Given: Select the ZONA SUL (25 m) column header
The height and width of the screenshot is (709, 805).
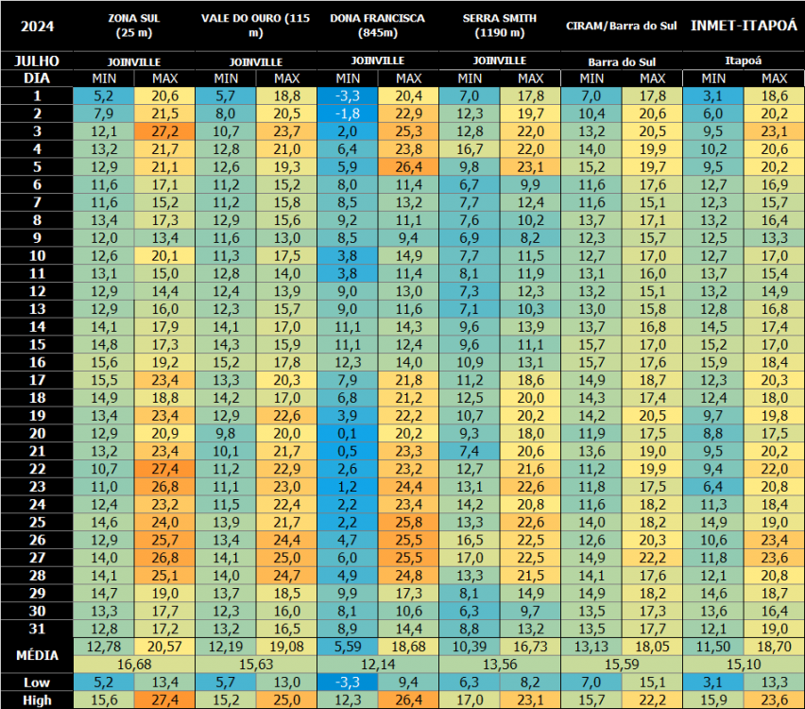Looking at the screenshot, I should (x=133, y=26).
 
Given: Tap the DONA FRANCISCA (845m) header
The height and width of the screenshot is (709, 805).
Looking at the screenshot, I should (x=377, y=26).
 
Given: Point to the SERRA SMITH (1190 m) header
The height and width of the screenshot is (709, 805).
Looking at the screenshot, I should (x=500, y=26).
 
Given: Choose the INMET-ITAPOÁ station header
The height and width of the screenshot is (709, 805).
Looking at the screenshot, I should (x=743, y=26).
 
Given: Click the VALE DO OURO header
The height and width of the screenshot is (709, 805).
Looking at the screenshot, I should (x=255, y=26).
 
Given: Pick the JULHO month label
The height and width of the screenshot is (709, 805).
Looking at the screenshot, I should (x=37, y=61).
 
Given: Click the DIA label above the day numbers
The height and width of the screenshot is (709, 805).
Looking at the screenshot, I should (x=37, y=78).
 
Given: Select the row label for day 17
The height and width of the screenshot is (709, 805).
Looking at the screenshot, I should (x=37, y=380).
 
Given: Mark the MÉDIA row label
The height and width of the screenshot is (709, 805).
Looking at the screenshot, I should (x=37, y=655).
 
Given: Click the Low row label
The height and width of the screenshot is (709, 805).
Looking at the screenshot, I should (x=37, y=683).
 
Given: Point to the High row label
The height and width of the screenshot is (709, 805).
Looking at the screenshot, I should (x=37, y=700).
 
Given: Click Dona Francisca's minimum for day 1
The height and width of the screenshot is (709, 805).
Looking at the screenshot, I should (x=348, y=95).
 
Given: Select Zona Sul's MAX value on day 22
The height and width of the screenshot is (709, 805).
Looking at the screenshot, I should (x=164, y=470).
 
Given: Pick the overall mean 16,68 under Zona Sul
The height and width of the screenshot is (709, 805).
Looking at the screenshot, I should (x=133, y=665).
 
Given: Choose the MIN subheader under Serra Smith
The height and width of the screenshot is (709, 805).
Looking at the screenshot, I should (x=470, y=78).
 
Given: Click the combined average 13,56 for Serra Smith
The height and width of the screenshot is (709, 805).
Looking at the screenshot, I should (x=500, y=665).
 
